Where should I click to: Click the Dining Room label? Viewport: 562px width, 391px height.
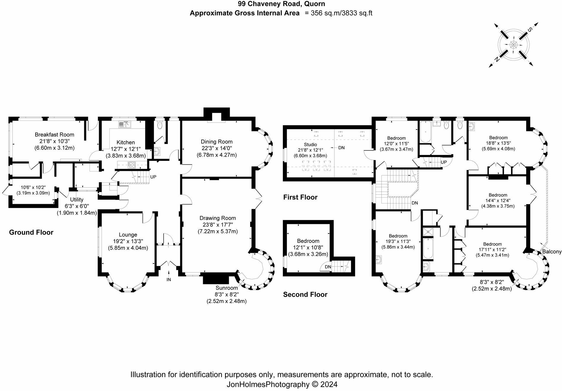coord(216,142)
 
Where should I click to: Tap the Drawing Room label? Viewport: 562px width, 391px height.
coord(218,218)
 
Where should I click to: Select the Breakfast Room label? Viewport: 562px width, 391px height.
coord(55,134)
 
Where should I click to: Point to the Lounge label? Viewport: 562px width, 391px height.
coord(128,235)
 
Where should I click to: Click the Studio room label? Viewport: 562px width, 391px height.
coord(310,145)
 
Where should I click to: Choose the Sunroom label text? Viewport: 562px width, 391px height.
coord(226,288)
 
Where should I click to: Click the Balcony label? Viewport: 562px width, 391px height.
coord(552,252)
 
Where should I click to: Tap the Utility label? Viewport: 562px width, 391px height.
coord(77,200)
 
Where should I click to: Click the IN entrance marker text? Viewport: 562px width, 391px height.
coord(169,280)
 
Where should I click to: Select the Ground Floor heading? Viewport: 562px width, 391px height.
coord(31,232)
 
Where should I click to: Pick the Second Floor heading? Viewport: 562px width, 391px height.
coord(305,294)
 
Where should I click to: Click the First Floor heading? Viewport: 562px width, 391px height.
coord(300,197)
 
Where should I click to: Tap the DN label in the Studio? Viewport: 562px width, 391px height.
coord(341,148)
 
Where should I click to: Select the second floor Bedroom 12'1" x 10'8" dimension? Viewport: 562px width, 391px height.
coord(308,248)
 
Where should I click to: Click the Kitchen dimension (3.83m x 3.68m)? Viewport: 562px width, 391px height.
coord(126,156)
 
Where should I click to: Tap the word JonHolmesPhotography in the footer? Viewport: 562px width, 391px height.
coord(268,384)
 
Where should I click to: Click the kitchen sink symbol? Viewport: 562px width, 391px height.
coord(125,124)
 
